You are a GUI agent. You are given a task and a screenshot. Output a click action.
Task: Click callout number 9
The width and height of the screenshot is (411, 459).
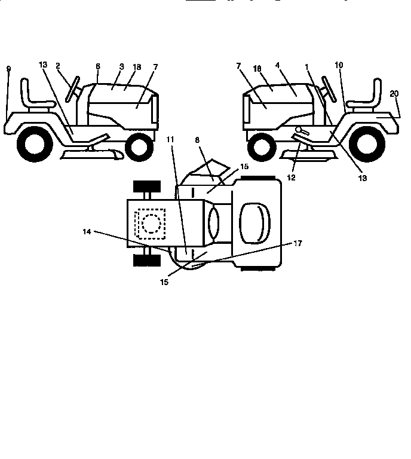[8, 69]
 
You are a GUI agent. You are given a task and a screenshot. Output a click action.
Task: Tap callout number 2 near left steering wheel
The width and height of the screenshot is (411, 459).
[59, 66]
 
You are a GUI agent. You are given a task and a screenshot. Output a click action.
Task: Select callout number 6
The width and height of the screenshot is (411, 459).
[97, 66]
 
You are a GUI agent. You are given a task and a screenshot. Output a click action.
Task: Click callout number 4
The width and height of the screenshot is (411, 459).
[277, 65]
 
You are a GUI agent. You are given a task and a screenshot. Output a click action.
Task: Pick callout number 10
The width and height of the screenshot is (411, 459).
[339, 65]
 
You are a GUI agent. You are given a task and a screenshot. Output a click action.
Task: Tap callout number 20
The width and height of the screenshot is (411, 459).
[394, 93]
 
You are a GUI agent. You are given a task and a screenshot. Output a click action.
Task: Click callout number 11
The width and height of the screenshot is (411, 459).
[170, 139]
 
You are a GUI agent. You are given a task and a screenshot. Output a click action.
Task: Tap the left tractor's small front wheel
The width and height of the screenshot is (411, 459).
[139, 145]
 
